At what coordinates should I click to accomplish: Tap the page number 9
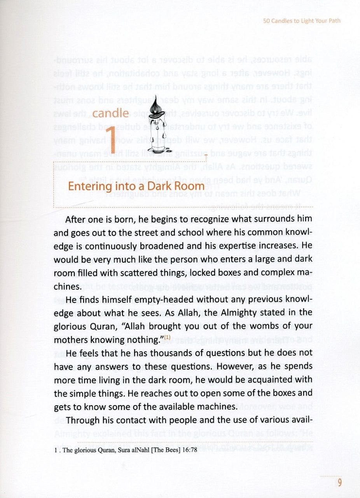click(339, 483)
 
